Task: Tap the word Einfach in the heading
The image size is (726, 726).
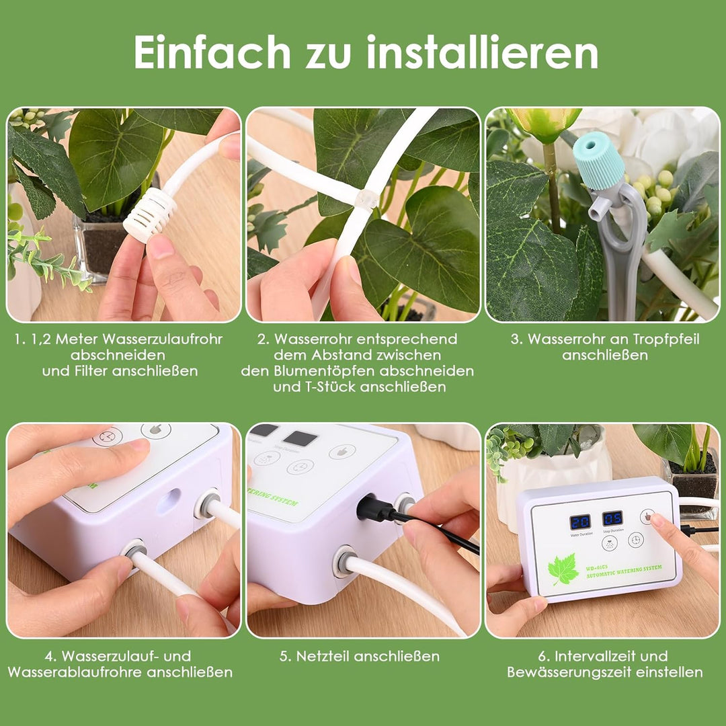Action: pos(212,52)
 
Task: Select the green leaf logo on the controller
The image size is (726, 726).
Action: pos(563,569)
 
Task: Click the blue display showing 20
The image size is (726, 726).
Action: pos(579,522)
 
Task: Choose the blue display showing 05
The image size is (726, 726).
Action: pos(612,518)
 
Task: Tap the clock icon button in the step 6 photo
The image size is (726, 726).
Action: pos(635,540)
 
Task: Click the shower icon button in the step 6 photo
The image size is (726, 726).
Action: pos(610,543)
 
